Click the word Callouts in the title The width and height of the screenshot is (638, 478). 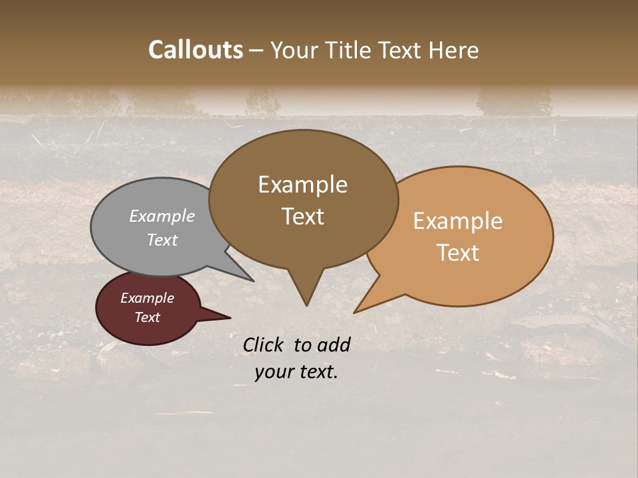(x=196, y=50)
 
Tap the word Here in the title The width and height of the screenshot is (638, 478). (x=453, y=50)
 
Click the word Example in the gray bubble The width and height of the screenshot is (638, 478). (x=162, y=216)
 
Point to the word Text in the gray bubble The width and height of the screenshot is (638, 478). (x=162, y=240)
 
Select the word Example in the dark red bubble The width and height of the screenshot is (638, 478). (x=147, y=298)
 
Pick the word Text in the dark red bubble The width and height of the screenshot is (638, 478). (x=147, y=317)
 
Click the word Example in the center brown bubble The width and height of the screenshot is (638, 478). (x=302, y=185)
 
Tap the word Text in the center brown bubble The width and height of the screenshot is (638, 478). (x=302, y=216)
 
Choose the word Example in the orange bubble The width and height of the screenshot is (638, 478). (x=458, y=221)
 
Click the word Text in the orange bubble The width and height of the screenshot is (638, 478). (x=458, y=253)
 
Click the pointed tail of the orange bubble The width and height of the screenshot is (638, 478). (x=356, y=311)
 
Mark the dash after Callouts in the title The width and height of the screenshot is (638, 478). (x=256, y=50)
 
